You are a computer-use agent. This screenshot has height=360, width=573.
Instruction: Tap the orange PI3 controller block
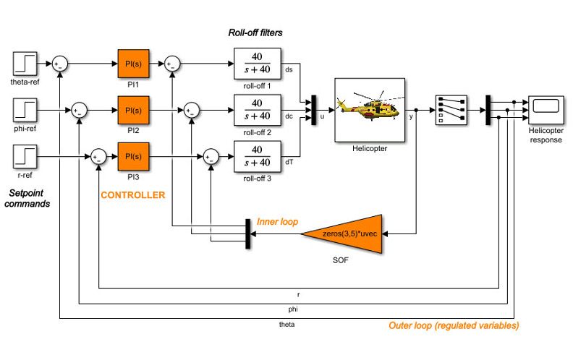(x=132, y=156)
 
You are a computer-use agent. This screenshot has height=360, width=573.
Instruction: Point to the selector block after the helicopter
(x=450, y=110)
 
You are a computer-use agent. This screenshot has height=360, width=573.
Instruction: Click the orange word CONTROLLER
(x=132, y=195)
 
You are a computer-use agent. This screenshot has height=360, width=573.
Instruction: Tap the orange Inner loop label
(x=278, y=220)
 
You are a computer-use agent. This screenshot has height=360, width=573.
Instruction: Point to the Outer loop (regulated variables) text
(x=454, y=326)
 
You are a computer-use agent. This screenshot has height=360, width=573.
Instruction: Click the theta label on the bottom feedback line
(x=286, y=325)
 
